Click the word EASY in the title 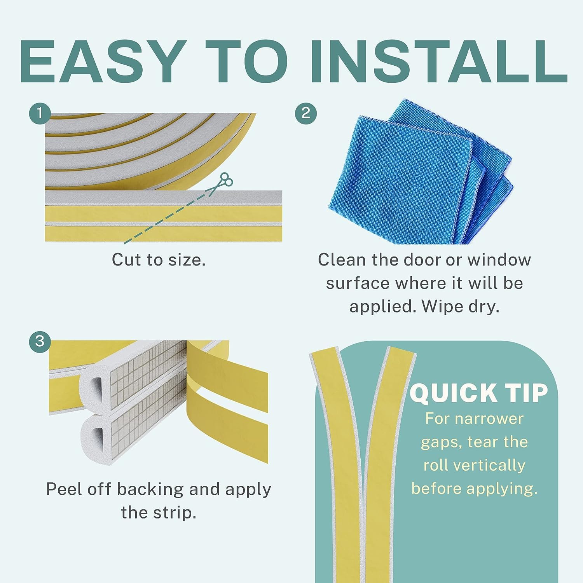103,61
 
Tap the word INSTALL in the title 438,61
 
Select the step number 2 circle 306,113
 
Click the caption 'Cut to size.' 159,259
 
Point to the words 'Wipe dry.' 460,307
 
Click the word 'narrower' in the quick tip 489,419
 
